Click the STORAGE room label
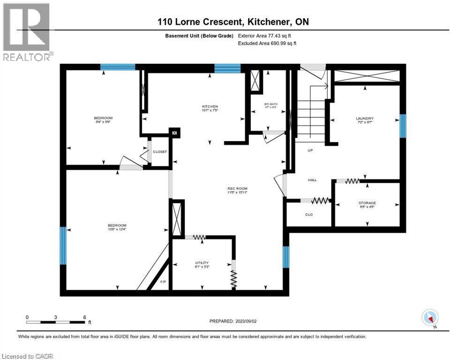pyautogui.click(x=368, y=203)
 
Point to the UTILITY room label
pyautogui.click(x=202, y=262)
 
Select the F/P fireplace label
pyautogui.click(x=163, y=282)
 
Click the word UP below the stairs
pyautogui.click(x=310, y=150)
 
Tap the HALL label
pyautogui.click(x=312, y=180)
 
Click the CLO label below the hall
pyautogui.click(x=309, y=214)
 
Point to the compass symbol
pyautogui.click(x=430, y=317)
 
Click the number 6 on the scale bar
pyautogui.click(x=84, y=317)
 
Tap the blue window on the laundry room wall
pyautogui.click(x=402, y=125)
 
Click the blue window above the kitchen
pyautogui.click(x=227, y=69)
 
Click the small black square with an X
pyautogui.click(x=174, y=133)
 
